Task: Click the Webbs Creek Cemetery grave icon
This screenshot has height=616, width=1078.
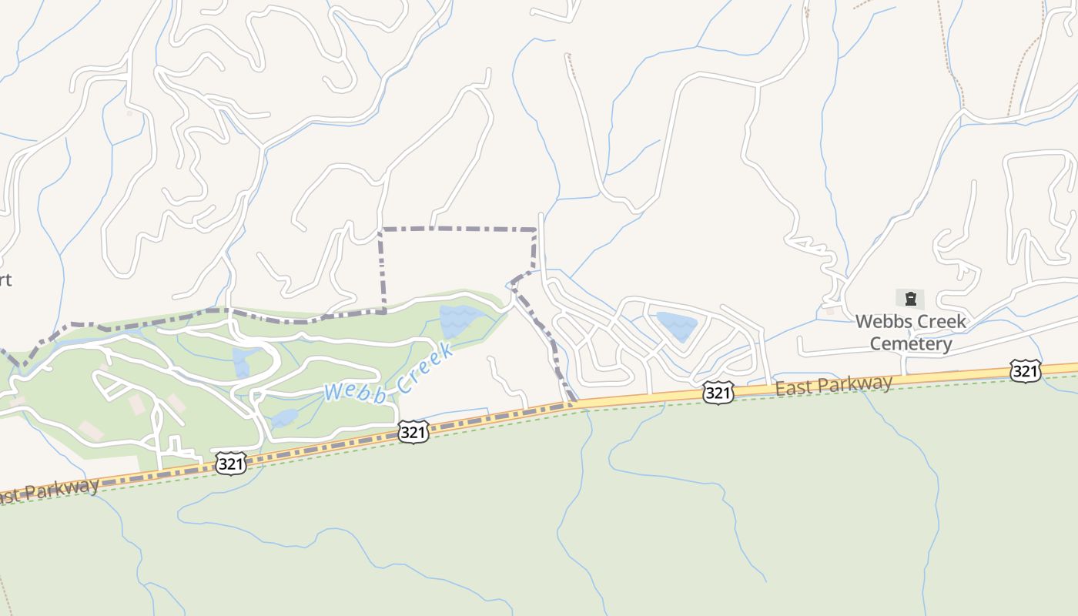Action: [910, 299]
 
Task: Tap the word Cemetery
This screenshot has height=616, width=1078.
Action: [911, 343]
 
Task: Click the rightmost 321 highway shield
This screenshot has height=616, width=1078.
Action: [1025, 372]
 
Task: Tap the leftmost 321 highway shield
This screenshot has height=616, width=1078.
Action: [231, 463]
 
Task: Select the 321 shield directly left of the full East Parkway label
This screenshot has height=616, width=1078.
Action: [717, 393]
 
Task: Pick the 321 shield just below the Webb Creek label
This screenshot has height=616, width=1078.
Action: [413, 432]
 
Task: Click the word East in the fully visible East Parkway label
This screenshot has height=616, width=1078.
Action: [795, 387]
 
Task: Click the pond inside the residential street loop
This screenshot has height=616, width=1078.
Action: [677, 324]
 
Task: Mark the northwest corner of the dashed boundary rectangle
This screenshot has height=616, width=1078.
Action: [382, 229]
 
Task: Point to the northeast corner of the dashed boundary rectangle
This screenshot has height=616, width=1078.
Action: [535, 229]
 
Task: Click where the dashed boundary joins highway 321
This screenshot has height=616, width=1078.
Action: [574, 401]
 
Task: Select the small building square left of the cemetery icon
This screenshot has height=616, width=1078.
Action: [829, 311]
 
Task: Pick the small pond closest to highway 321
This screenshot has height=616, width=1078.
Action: [283, 418]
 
